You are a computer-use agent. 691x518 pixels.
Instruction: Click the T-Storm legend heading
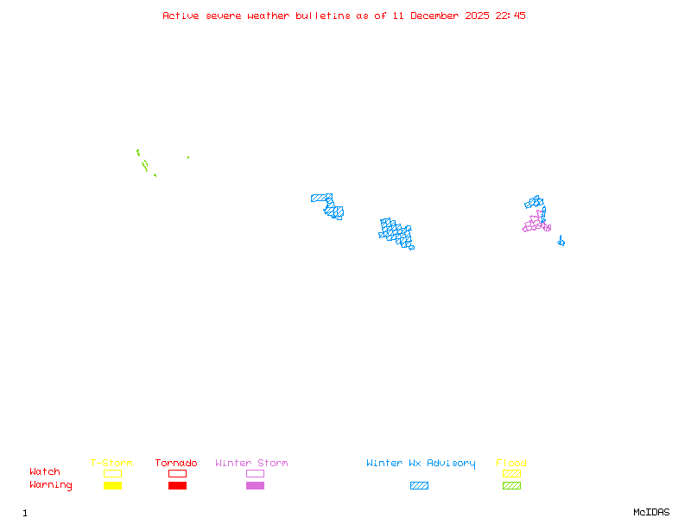(x=111, y=464)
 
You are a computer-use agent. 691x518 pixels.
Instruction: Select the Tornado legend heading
(x=176, y=464)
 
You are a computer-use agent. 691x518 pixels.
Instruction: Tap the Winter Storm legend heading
(x=251, y=464)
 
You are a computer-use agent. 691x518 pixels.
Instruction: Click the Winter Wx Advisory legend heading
(x=421, y=464)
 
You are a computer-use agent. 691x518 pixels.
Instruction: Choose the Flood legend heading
(x=511, y=464)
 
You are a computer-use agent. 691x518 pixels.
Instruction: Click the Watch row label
(x=45, y=472)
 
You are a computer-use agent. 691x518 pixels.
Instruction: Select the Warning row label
(x=51, y=485)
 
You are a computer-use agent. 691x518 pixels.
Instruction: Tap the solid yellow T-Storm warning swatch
(x=112, y=486)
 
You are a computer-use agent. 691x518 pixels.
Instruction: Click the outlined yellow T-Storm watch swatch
(x=112, y=473)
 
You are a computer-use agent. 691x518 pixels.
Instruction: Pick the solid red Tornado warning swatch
(x=177, y=486)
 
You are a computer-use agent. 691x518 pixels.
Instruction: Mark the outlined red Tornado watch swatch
(x=177, y=473)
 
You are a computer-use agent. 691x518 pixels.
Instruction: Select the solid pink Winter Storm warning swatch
(x=255, y=486)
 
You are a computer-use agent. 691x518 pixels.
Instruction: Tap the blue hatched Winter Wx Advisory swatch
(x=419, y=486)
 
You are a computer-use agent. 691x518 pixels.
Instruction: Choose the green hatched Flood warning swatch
(x=511, y=486)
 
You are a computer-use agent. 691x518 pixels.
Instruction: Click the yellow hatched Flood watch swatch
(x=511, y=473)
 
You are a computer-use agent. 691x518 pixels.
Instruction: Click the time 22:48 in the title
(x=510, y=16)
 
